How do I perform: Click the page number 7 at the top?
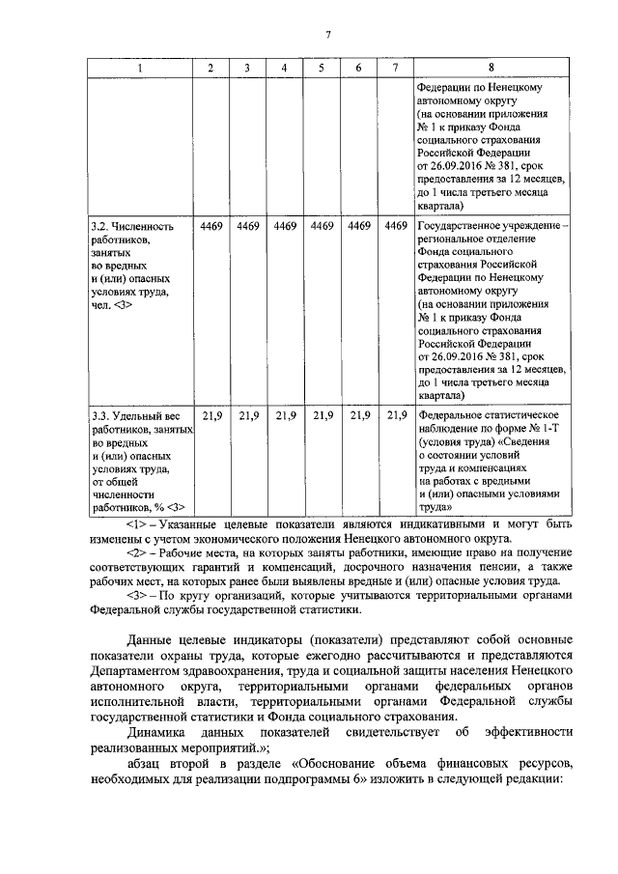click(x=327, y=36)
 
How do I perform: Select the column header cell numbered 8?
click(x=492, y=68)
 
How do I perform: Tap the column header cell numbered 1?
click(x=139, y=68)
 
